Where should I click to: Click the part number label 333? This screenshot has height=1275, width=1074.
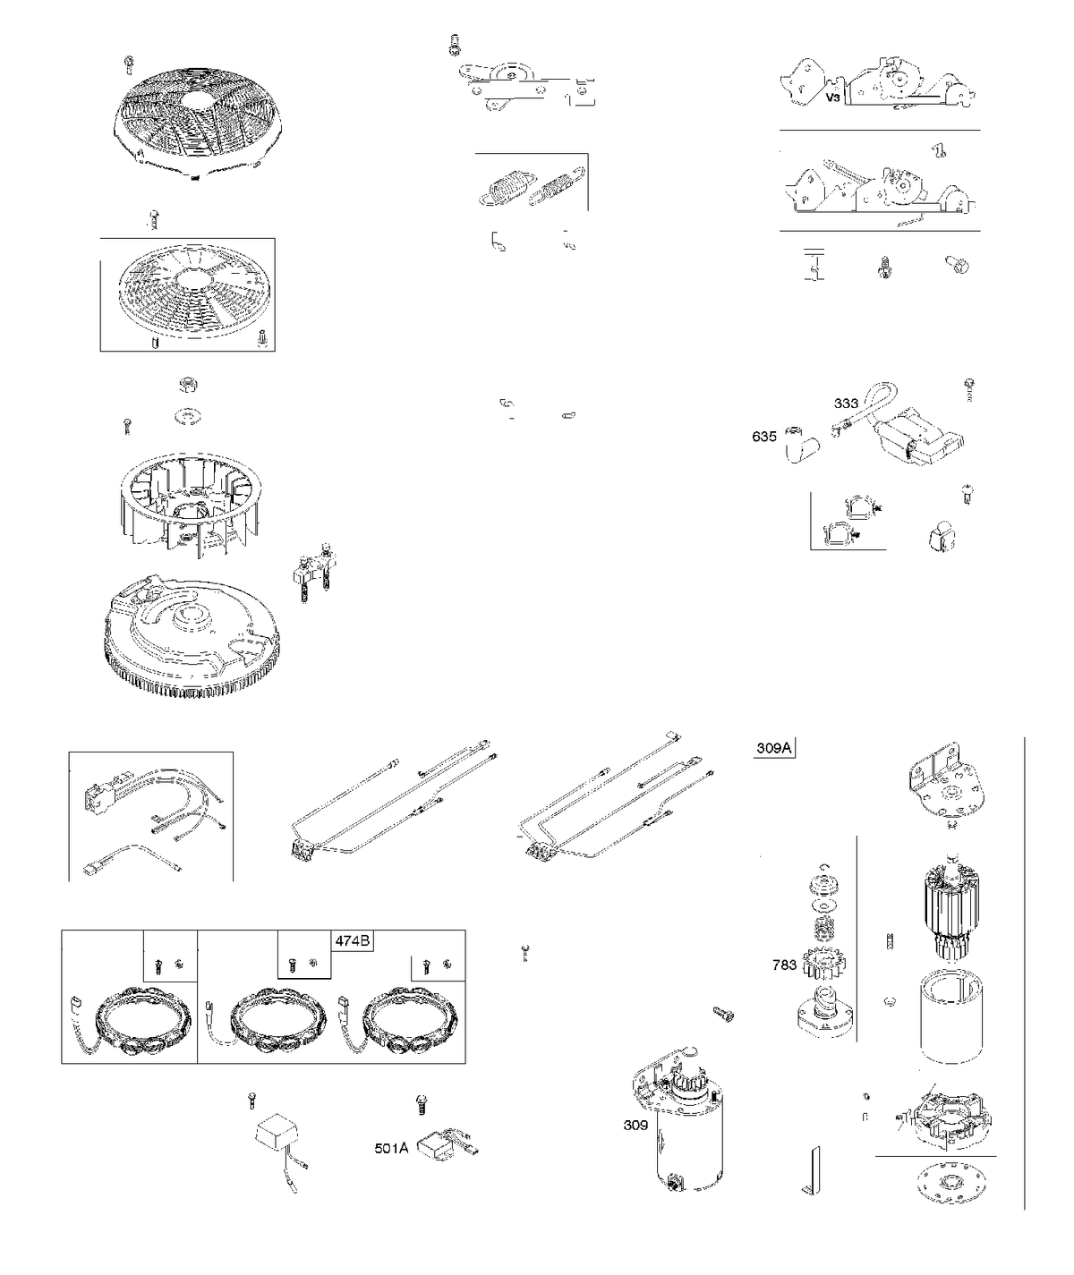tap(846, 403)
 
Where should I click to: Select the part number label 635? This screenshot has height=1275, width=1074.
tap(764, 436)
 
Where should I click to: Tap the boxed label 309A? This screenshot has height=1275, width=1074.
tap(774, 748)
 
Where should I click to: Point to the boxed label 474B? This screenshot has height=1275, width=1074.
tap(353, 941)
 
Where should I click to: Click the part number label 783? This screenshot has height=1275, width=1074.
tap(784, 965)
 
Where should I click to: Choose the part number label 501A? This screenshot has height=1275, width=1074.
tap(392, 1149)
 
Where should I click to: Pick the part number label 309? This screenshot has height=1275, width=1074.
tap(635, 1125)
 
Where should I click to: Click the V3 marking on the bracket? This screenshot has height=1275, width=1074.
tap(832, 98)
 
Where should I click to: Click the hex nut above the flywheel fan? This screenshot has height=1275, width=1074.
tap(188, 386)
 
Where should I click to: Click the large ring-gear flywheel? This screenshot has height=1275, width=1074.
tap(192, 636)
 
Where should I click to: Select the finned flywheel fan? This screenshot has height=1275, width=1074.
tap(192, 504)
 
